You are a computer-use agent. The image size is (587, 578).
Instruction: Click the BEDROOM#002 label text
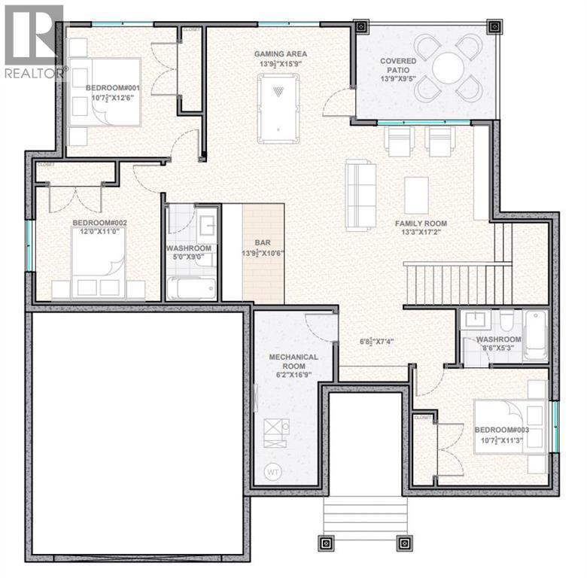99,224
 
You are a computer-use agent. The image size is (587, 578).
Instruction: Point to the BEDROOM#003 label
502,430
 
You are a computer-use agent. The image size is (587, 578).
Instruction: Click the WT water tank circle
272,472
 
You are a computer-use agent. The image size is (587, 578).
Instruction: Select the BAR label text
263,243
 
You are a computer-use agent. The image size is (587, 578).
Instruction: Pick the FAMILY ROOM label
421,224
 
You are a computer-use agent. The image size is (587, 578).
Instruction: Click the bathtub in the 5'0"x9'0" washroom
190,288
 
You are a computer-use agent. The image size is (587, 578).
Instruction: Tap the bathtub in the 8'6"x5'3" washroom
534,335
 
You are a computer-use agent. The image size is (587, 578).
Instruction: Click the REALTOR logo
34,41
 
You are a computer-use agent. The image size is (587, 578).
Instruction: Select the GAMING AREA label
280,54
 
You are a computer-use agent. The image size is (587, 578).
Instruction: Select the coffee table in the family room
417,195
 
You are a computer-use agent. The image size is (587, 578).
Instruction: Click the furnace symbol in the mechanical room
271,428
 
